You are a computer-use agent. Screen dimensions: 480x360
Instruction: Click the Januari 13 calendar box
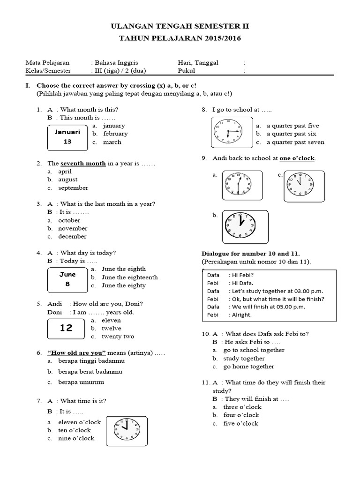67,137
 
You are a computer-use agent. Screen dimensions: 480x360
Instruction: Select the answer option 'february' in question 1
115,134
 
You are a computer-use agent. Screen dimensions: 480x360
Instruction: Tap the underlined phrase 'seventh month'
83,163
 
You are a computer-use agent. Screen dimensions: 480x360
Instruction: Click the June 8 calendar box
67,279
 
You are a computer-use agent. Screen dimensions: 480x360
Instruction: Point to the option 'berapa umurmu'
81,382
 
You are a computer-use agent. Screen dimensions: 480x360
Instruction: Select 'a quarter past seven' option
295,142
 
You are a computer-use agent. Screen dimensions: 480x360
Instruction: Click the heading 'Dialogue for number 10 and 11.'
250,253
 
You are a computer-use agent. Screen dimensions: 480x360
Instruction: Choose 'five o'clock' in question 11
241,423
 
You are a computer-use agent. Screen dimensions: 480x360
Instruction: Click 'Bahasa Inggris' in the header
116,62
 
